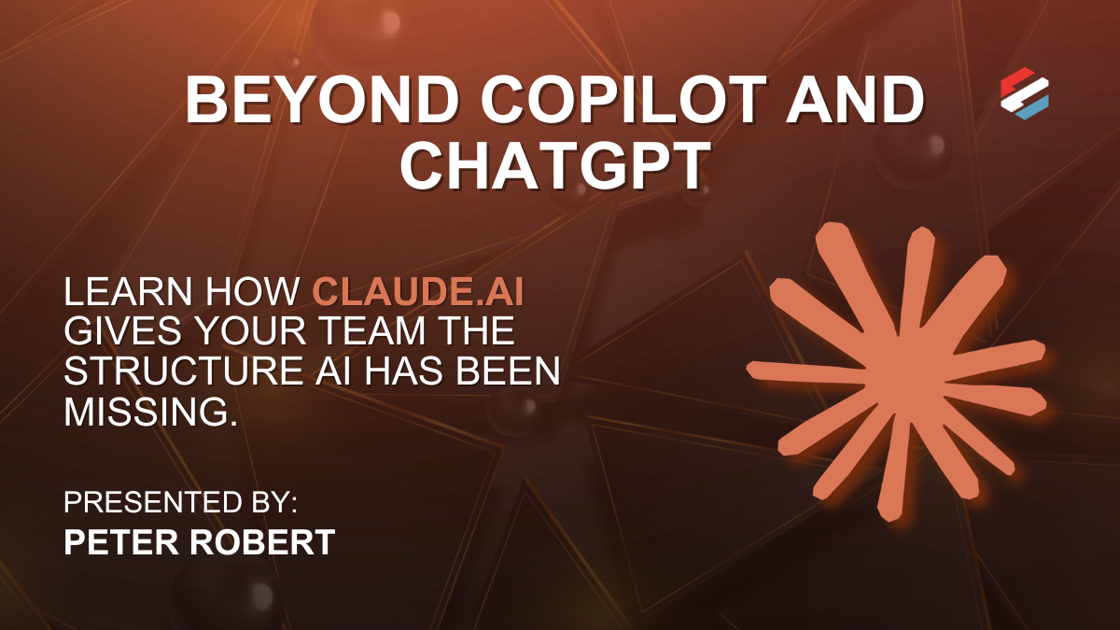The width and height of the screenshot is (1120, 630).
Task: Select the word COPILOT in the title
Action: [x=624, y=100]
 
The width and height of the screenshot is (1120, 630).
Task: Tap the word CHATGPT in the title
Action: [x=555, y=165]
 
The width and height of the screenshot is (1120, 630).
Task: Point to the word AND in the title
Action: [x=855, y=100]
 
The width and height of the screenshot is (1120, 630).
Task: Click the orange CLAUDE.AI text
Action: [x=418, y=291]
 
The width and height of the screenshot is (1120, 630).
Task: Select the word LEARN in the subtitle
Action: [x=128, y=291]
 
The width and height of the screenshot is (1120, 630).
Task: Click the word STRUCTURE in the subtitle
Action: [x=183, y=371]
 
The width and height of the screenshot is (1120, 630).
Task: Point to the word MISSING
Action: [x=150, y=412]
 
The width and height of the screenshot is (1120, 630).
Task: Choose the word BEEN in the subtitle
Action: [x=508, y=371]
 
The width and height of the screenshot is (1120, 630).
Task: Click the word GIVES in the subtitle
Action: [x=122, y=331]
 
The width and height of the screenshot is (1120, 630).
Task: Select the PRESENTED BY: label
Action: [x=180, y=502]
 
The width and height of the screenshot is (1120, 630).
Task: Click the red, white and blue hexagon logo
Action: [x=1025, y=93]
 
